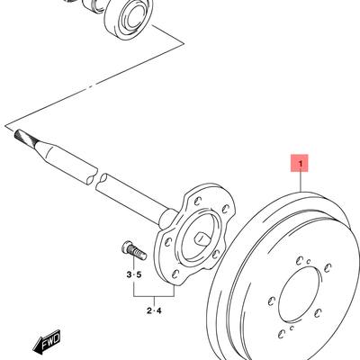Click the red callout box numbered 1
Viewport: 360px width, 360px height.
click(299, 163)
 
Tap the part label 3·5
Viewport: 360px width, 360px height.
click(133, 274)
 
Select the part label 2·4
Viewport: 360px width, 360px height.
click(154, 310)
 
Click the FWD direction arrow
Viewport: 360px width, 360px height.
click(47, 341)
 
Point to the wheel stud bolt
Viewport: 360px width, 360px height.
click(134, 251)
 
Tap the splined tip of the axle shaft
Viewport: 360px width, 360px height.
click(25, 137)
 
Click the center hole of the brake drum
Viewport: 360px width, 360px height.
click(300, 297)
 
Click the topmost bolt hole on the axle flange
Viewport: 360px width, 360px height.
click(197, 201)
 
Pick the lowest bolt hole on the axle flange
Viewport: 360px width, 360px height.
click(175, 274)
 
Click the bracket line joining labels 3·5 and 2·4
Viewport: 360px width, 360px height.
click(154, 296)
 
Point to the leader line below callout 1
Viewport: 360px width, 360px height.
click(301, 182)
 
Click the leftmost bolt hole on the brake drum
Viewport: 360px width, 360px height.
click(272, 301)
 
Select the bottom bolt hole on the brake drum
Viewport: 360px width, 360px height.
click(282, 333)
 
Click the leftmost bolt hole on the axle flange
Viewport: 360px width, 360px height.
click(168, 241)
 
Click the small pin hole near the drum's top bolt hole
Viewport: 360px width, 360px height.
click(308, 262)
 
